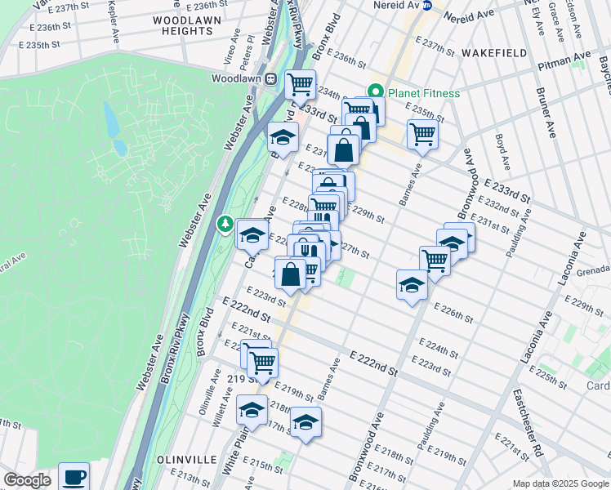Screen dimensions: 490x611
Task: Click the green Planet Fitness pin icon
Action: coord(376,93)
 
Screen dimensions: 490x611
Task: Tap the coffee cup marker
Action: coord(74,476)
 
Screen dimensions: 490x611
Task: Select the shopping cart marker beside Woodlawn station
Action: coord(301,83)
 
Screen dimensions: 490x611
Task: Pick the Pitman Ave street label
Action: coord(564,57)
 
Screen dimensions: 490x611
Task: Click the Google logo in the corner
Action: coord(27,480)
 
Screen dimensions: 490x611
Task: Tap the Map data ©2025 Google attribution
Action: coord(560,483)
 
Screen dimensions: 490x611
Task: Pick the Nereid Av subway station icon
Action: coord(427,5)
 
